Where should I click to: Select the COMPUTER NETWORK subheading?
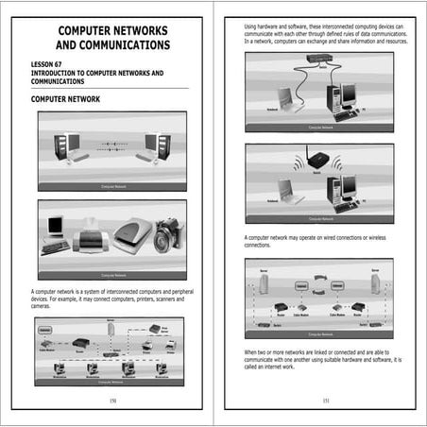(72, 98)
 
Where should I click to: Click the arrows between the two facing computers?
(111, 145)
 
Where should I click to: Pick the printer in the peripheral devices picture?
(92, 235)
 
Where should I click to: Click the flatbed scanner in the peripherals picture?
(131, 233)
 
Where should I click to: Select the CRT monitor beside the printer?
(55, 228)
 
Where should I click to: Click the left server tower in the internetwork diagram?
(265, 282)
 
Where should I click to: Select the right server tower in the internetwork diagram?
(375, 282)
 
